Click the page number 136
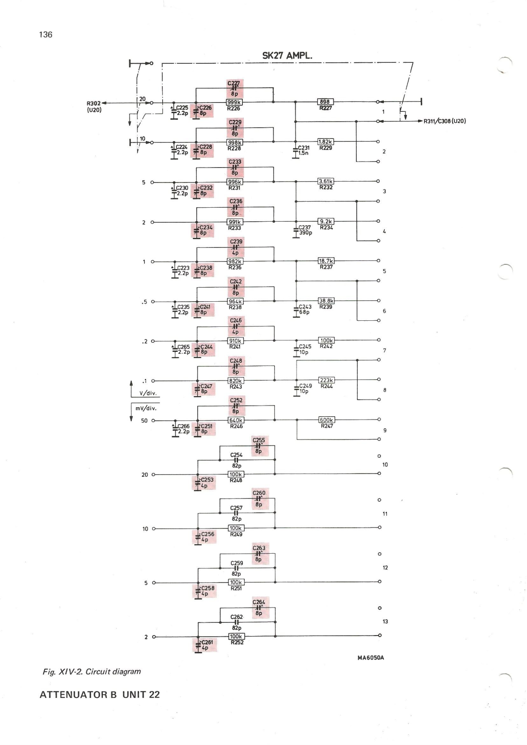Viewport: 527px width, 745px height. click(46, 34)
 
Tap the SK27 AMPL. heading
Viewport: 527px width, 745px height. click(287, 56)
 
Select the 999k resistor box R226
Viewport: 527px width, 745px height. click(234, 102)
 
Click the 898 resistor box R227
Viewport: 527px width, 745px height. click(325, 102)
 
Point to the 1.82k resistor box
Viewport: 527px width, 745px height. click(325, 142)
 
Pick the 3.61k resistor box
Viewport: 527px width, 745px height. click(326, 181)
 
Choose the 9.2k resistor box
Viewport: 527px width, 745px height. click(326, 222)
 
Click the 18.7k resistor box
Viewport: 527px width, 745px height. click(326, 261)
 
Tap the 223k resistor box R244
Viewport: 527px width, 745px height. click(327, 380)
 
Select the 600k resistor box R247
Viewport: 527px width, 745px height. click(327, 420)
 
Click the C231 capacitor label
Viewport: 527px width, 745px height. click(303, 148)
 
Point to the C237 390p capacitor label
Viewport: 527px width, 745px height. click(305, 230)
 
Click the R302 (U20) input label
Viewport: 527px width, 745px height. click(94, 107)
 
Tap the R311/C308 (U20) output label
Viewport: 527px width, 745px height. click(444, 121)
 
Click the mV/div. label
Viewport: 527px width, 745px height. click(146, 408)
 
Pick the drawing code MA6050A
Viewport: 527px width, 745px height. click(371, 658)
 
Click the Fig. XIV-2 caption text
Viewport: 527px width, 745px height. click(92, 671)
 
